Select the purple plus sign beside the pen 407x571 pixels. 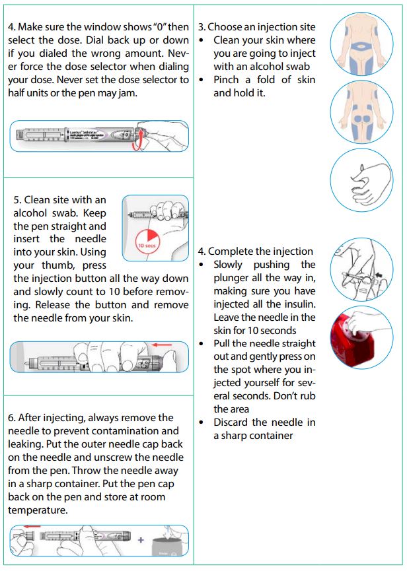tap(140, 540)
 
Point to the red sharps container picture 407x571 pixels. tap(361, 337)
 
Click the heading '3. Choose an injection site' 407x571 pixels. tap(257, 27)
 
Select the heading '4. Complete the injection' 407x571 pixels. tap(256, 252)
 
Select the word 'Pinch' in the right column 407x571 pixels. tap(227, 80)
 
